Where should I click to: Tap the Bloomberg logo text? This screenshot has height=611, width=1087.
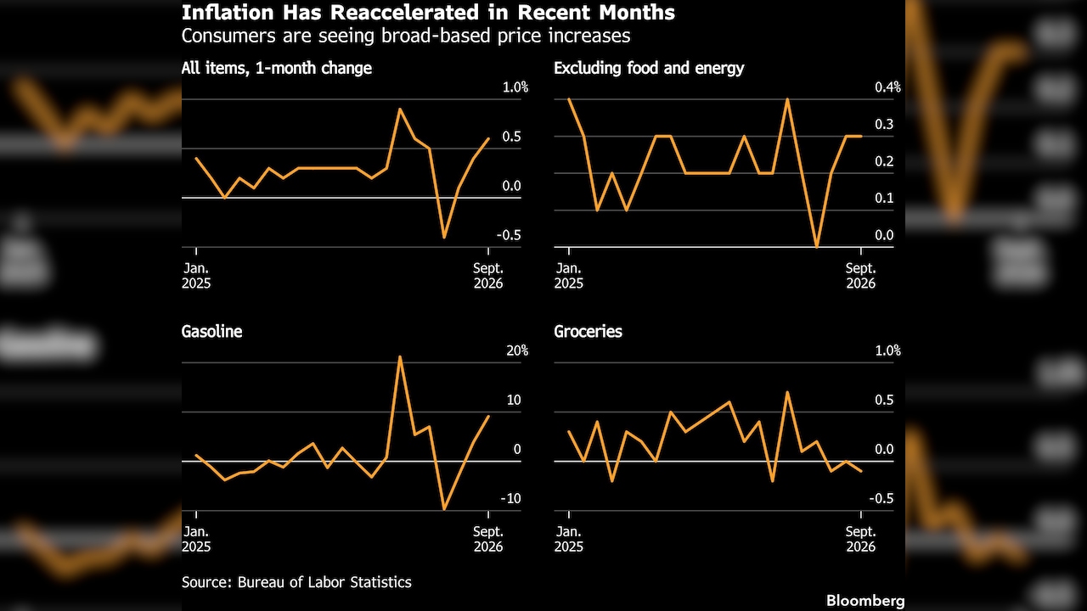(x=865, y=600)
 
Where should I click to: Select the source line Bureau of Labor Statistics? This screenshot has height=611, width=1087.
(x=324, y=582)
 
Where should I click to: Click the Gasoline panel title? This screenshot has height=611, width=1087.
(x=211, y=331)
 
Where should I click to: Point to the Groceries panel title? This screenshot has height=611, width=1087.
(x=588, y=331)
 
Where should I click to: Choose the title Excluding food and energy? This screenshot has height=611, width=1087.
(x=649, y=68)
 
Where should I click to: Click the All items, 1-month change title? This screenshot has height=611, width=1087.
(x=277, y=68)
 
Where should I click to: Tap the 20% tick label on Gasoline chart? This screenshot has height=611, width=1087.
(x=517, y=350)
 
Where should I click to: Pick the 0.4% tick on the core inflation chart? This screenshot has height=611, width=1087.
(x=887, y=87)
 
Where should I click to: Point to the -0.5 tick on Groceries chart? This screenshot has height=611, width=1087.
(x=881, y=498)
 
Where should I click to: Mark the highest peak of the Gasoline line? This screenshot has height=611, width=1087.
(x=400, y=357)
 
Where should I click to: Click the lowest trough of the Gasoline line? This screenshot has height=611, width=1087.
(x=444, y=509)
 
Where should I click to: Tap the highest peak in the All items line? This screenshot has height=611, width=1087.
(x=400, y=109)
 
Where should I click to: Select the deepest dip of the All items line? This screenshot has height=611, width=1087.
(x=444, y=237)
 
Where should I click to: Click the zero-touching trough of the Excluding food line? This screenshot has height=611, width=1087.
(x=817, y=247)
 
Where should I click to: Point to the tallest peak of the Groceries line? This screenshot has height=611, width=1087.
(x=787, y=392)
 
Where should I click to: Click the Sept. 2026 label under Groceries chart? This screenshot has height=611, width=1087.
(x=861, y=539)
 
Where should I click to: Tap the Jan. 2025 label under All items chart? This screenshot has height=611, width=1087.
(x=196, y=276)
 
